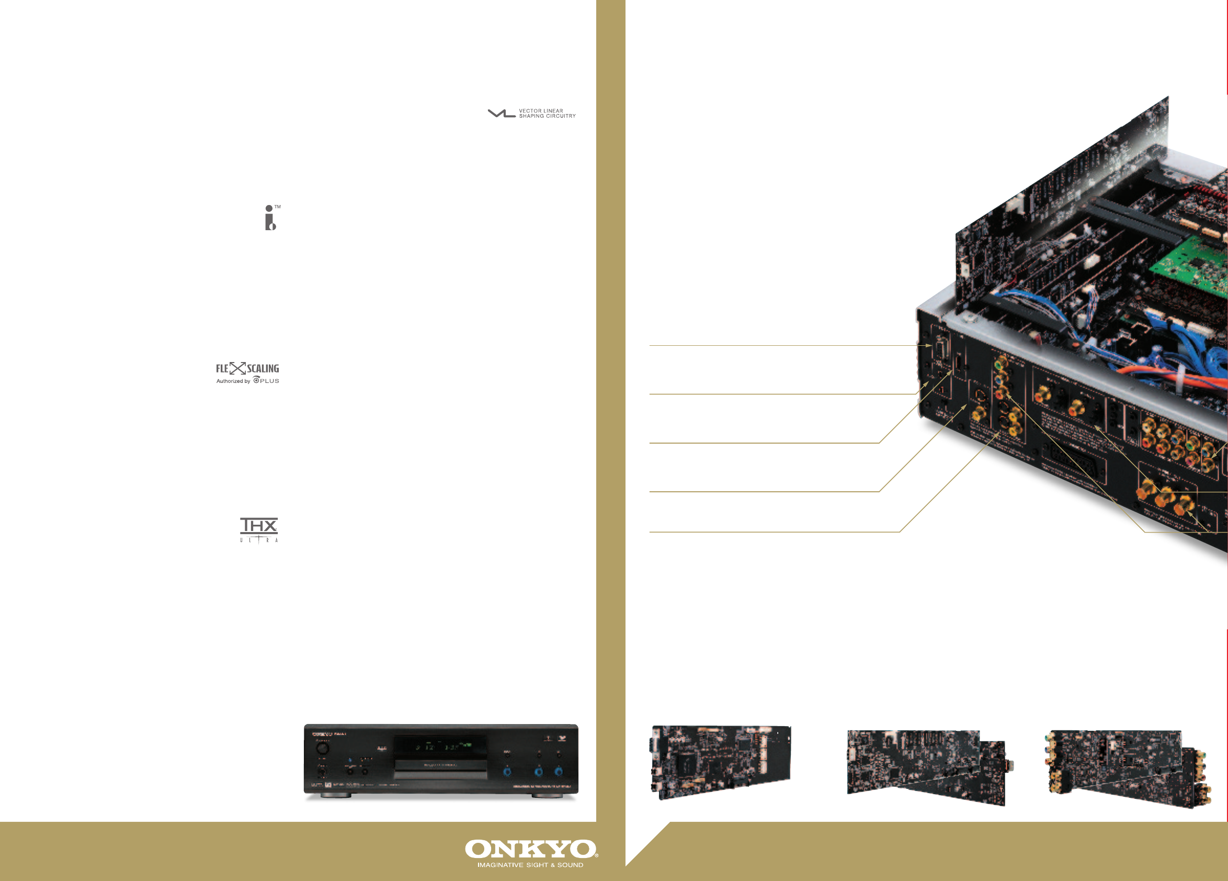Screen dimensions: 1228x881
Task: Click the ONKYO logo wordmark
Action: click(x=531, y=849)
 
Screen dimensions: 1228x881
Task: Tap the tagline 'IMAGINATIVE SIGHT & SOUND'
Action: click(x=530, y=865)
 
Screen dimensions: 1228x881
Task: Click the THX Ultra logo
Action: click(x=259, y=529)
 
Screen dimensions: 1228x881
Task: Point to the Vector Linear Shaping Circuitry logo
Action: click(x=532, y=113)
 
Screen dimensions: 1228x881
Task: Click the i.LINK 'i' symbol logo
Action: click(x=270, y=218)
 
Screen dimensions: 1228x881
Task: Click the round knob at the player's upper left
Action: click(x=322, y=748)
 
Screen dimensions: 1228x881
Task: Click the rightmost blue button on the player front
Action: click(x=558, y=772)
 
